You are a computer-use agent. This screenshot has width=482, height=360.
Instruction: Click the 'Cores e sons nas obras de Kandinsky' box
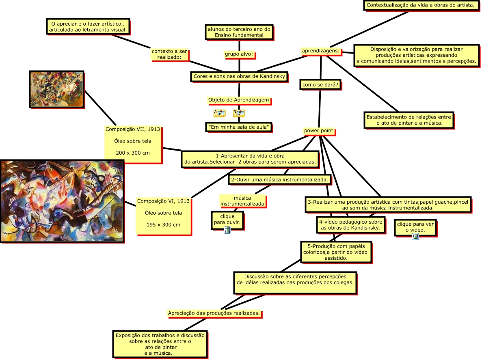coord(240,76)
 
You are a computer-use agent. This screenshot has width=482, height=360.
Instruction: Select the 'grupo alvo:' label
coord(239,54)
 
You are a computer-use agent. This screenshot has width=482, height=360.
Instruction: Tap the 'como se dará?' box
coord(320,84)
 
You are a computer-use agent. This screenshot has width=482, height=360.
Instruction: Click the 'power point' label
coord(319,131)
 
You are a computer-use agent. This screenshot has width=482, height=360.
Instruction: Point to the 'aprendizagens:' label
coord(321,51)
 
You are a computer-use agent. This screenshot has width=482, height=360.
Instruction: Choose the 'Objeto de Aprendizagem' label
coord(238,100)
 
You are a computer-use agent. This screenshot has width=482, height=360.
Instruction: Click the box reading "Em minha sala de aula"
coord(238,127)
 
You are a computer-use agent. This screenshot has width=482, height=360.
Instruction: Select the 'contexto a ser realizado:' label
coord(169,54)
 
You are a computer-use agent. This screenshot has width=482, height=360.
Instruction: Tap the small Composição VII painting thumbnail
coord(56,89)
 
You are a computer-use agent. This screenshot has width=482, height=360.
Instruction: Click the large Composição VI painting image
coord(62,201)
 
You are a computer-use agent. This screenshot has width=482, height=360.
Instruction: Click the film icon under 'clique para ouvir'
coord(227,230)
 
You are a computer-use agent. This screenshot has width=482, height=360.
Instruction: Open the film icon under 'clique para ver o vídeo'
coord(415,237)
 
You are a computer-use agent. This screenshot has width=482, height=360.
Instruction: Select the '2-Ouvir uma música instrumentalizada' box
coord(280,179)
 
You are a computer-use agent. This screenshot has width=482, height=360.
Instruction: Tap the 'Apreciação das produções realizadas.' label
coord(214,313)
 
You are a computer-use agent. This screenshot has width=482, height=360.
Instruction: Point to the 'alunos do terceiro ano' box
coord(239,32)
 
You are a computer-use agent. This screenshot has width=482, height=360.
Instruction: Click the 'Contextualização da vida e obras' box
coord(420,5)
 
